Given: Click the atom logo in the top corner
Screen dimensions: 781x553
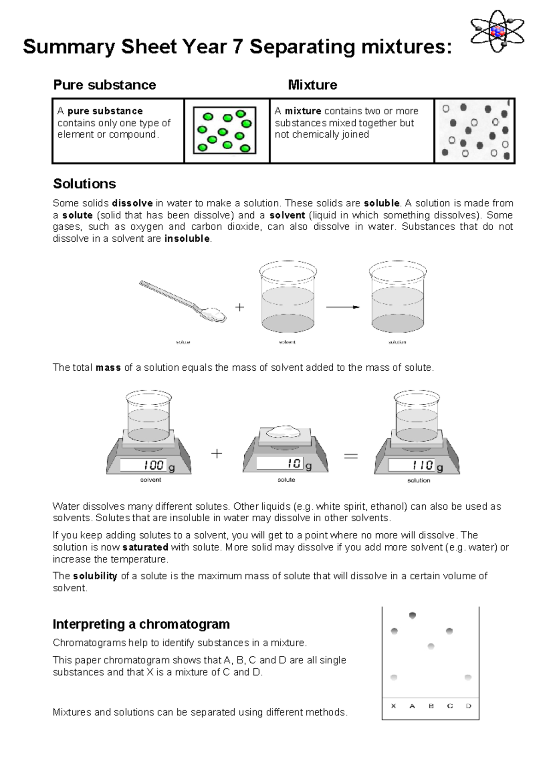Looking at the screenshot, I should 497,31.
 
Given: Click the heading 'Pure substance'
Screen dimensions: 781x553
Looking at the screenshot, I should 105,85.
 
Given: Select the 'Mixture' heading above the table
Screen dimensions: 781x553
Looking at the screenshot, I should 312,85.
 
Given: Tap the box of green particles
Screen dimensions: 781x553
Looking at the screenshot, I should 224,130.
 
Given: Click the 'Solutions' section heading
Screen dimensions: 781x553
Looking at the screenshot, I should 84,184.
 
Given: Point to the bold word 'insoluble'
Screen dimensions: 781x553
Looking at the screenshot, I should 187,239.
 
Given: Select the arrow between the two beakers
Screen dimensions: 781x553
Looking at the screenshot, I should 342,307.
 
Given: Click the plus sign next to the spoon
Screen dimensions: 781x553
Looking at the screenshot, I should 240,307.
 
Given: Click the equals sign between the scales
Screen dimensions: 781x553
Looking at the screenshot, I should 351,456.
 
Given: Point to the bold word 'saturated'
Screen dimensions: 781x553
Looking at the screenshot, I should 145,547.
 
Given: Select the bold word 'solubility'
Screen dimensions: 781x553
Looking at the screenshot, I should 95,576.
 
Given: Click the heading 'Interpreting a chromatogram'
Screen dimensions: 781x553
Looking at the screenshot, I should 141,624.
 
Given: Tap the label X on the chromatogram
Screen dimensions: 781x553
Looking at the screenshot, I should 393,706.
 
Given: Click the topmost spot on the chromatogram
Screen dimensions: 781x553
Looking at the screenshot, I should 412,615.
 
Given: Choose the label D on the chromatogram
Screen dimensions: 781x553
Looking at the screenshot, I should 468,706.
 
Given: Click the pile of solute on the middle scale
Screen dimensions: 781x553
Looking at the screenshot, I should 283,431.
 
